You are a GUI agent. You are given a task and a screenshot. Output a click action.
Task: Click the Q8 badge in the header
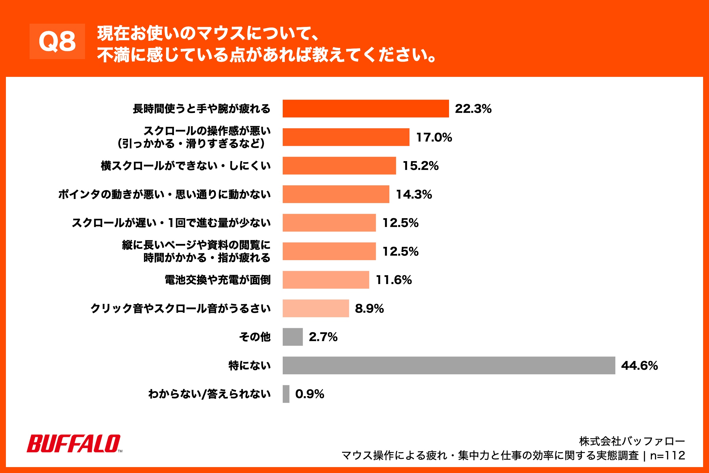point(57,41)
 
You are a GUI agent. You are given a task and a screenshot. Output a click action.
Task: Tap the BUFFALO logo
point(74,443)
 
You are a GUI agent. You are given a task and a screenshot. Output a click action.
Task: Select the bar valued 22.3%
point(365,108)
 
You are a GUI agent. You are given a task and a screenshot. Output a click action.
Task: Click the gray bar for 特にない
point(448,365)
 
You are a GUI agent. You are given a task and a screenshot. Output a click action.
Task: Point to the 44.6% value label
point(639,366)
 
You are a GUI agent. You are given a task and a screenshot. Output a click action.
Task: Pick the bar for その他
point(292,337)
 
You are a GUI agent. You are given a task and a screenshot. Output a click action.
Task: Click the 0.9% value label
point(310,394)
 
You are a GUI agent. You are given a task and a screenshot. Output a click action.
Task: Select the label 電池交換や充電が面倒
point(217,280)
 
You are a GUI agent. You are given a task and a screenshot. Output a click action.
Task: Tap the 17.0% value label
point(434,137)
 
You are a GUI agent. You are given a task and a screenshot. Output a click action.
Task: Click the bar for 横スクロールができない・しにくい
point(339,166)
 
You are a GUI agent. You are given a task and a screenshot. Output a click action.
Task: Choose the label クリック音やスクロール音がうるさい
point(180,308)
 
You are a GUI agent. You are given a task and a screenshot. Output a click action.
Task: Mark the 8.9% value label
point(369,308)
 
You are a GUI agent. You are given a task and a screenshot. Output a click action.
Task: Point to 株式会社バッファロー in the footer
point(632,441)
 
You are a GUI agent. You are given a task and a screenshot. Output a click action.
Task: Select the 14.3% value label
point(414,194)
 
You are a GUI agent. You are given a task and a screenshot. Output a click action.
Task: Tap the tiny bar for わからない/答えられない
point(286,394)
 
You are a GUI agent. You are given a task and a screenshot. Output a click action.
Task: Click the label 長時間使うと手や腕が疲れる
point(201,108)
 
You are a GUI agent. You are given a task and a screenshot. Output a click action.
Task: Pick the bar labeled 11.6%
point(326,280)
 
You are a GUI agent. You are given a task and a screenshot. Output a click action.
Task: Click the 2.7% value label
point(323,337)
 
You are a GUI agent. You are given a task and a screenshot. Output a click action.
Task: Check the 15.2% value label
point(420,166)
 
